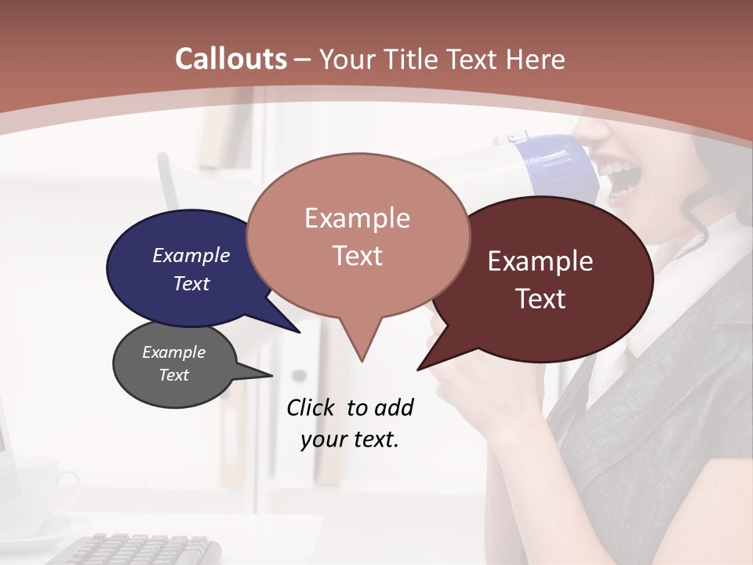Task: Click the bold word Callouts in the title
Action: pos(231,59)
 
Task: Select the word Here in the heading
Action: pos(536,59)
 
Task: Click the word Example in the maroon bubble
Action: pos(540,261)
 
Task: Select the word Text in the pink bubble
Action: pos(358,256)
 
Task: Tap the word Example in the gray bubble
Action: pos(174,352)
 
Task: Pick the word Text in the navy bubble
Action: pos(191,283)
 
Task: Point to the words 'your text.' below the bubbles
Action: pos(350,439)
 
